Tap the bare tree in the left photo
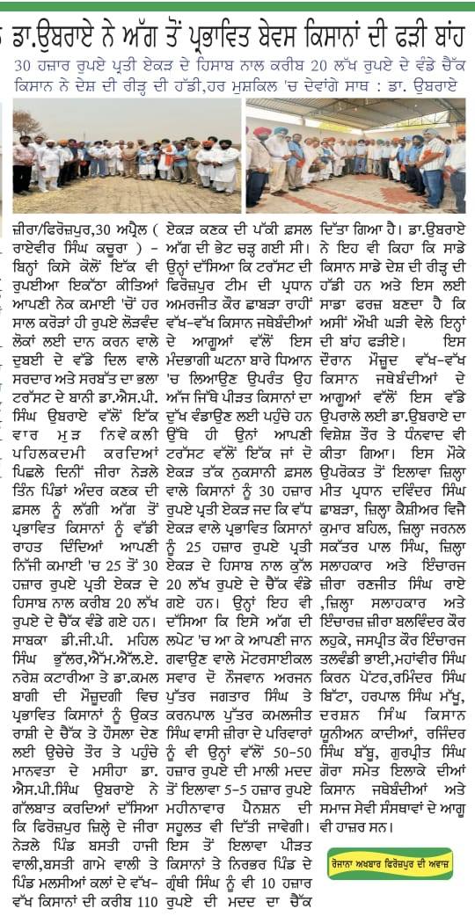26,123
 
